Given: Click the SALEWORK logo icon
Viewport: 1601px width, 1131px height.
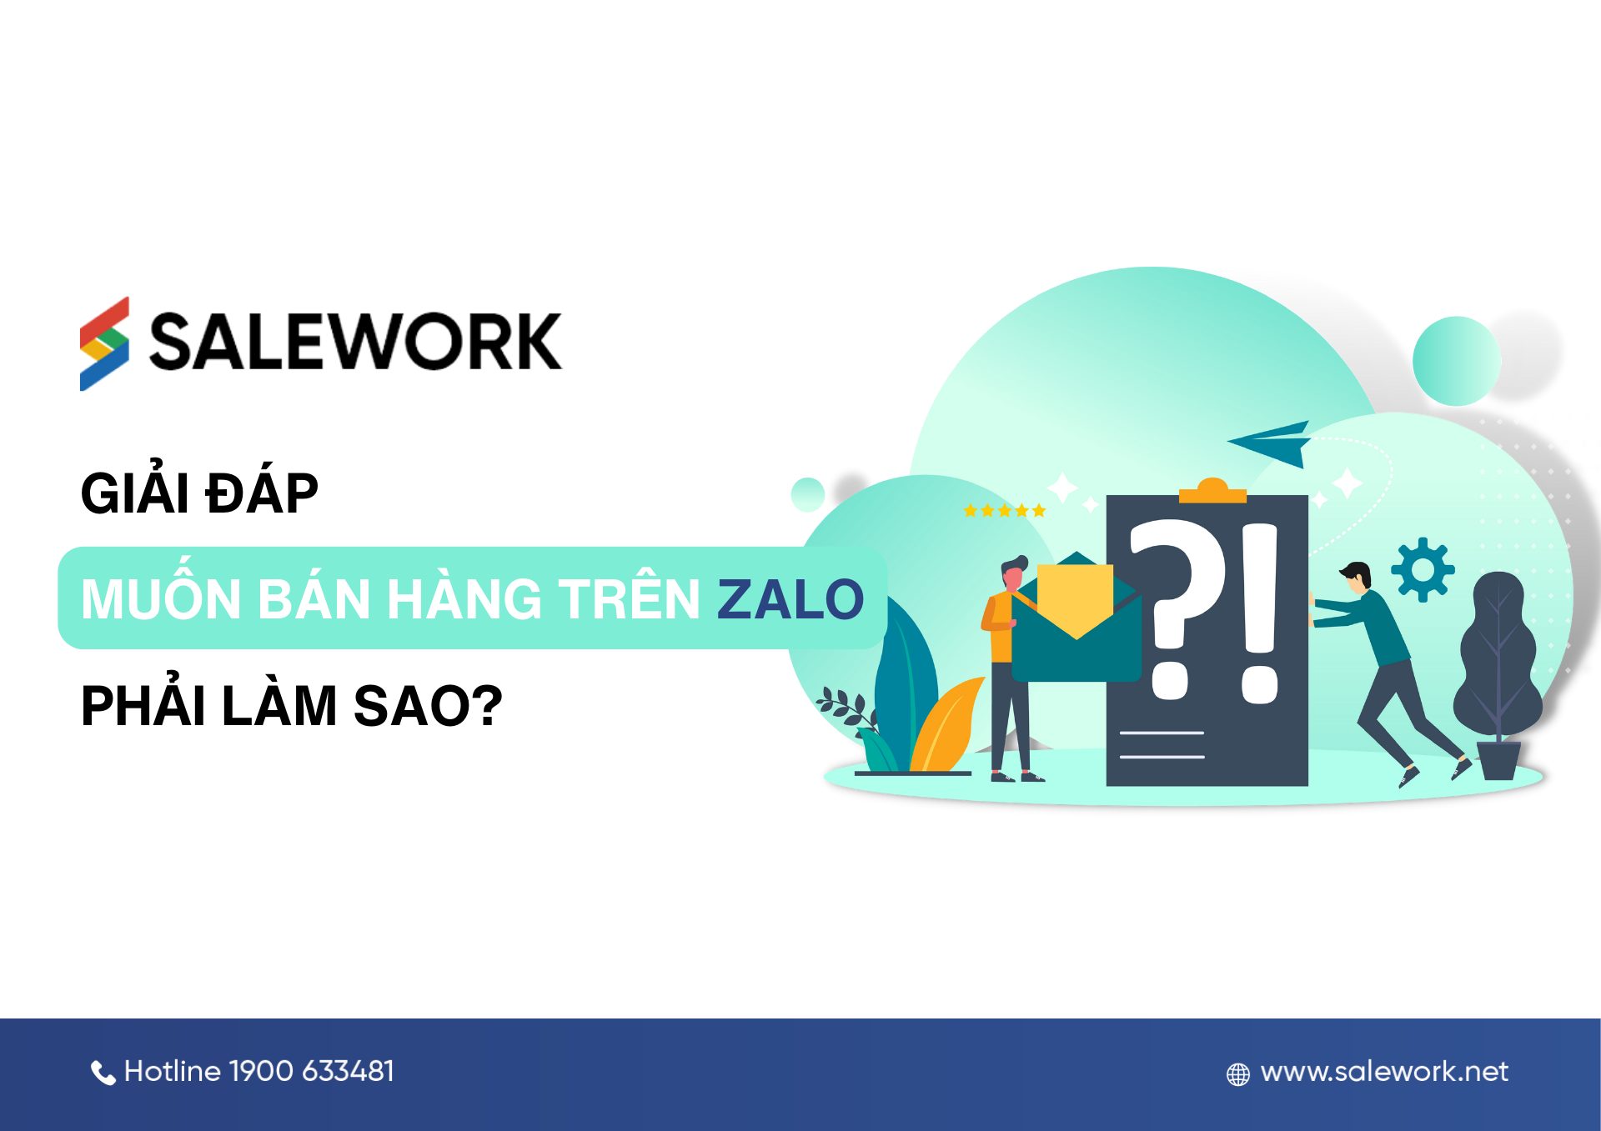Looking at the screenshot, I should coord(104,343).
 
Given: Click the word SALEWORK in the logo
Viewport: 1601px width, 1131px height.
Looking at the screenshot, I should coord(355,342).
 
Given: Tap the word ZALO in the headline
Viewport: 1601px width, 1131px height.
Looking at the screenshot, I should coord(790,599).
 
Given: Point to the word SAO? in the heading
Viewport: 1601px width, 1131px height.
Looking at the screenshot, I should coord(428,706).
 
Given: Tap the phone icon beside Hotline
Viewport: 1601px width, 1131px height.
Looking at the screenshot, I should coord(103,1073).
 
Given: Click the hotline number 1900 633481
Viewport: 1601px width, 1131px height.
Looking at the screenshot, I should coord(310,1071).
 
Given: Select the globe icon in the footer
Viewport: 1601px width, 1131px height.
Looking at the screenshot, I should coord(1238,1074).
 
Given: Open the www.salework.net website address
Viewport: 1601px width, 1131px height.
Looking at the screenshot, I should coord(1384,1072).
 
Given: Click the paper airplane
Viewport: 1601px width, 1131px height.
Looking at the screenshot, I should coord(1272,443).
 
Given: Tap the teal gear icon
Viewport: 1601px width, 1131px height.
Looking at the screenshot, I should coord(1423,570).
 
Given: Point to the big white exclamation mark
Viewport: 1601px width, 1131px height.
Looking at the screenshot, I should coord(1259,613).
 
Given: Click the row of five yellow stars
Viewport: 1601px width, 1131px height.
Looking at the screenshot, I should coord(1004,511).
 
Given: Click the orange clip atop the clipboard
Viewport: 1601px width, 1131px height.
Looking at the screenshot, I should coord(1212,491).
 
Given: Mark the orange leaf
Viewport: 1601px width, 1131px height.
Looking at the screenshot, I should coord(948,725).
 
